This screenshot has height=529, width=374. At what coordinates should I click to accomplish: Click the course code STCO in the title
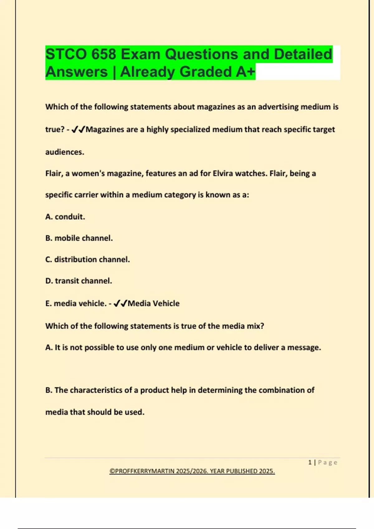[x=65, y=54]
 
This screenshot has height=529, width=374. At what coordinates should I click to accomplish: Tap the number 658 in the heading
[x=103, y=54]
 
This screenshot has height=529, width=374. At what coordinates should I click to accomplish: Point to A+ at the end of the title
[x=245, y=72]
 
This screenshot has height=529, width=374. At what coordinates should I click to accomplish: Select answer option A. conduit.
[x=65, y=217]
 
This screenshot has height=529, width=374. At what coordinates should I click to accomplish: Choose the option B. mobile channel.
[x=79, y=238]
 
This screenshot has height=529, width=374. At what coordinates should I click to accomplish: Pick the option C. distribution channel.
[x=88, y=260]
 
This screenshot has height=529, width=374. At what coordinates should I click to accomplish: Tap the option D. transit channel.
[x=79, y=281]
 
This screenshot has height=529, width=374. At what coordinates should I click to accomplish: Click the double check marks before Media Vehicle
[x=120, y=303]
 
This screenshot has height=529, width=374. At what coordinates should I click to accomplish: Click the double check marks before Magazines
[x=78, y=129]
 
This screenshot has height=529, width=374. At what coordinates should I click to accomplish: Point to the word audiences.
[x=65, y=152]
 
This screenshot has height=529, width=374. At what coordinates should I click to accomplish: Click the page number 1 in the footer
[x=310, y=462]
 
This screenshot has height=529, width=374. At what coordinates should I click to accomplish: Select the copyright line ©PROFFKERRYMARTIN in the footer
[x=192, y=471]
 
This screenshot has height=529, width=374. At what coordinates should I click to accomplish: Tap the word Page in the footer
[x=328, y=462]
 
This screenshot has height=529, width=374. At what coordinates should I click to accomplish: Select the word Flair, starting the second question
[x=54, y=173]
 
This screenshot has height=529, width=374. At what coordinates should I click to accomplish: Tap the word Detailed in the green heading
[x=303, y=54]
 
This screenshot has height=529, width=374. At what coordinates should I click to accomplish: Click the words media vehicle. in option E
[x=80, y=303]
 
